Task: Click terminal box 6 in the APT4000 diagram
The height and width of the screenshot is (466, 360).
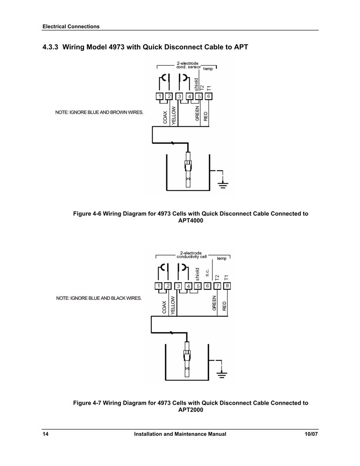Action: pos(209,96)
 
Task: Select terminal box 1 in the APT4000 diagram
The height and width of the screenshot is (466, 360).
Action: pos(160,96)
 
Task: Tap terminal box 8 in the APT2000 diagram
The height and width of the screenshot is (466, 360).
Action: pos(227,286)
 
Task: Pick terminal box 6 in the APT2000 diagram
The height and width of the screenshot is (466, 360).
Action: pos(207,286)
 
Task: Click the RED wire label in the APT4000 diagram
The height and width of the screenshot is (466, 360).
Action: pos(206,116)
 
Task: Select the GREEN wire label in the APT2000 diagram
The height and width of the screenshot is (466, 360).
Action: pos(214,303)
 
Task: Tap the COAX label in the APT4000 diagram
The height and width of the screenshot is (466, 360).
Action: pos(165,117)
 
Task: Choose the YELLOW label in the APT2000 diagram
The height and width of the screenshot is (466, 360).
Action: pos(173,305)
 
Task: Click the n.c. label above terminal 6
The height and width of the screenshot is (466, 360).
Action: pos(207,272)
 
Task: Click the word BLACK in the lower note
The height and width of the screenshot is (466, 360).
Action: pos(118,298)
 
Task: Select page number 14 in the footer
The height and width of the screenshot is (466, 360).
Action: pos(46,434)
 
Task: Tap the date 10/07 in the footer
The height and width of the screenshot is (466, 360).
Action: pos(311,434)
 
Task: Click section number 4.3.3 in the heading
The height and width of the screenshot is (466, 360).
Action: pos(50,47)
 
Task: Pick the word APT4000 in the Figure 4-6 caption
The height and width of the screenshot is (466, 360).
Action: pos(190,221)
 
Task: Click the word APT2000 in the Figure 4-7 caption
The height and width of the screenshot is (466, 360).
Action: pos(190,410)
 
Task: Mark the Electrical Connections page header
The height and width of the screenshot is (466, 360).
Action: pos(71,27)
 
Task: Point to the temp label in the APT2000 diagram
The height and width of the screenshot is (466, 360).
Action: pos(222,258)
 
